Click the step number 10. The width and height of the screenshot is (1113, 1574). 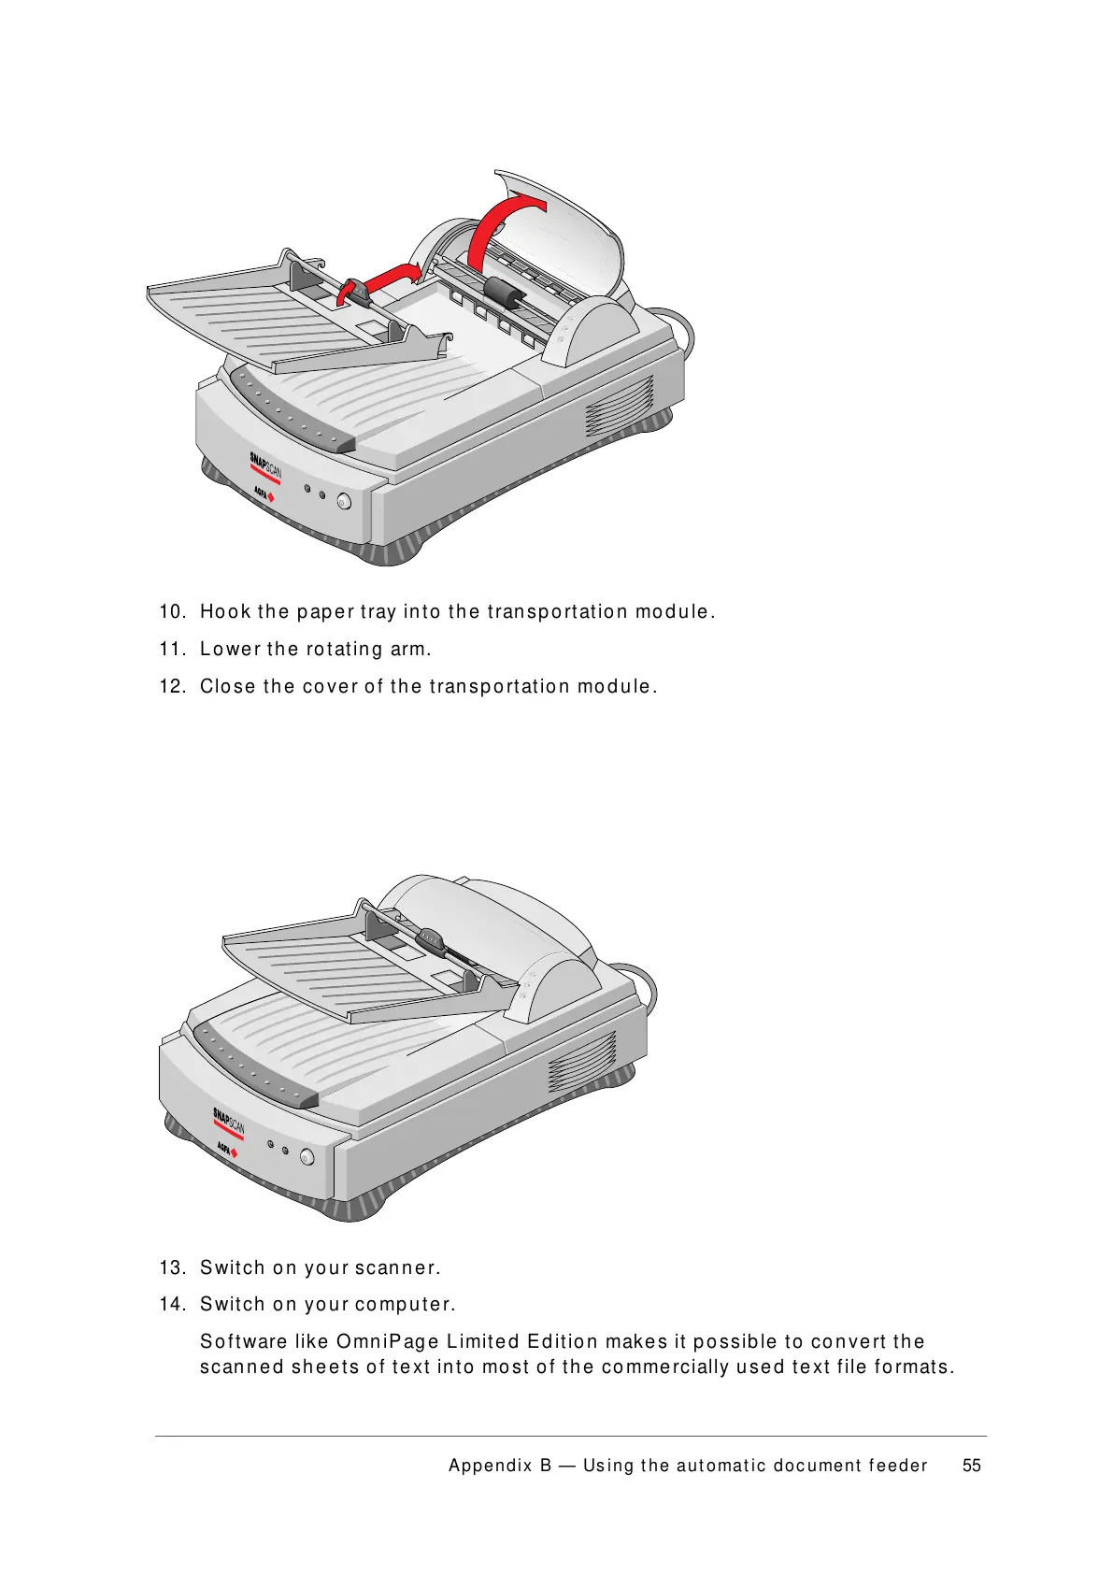coord(172,611)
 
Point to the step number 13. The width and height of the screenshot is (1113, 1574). coord(172,1267)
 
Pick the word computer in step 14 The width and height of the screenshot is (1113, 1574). coord(406,1304)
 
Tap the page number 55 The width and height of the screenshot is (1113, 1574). coord(972,1465)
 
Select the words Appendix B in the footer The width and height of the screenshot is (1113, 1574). coord(500,1466)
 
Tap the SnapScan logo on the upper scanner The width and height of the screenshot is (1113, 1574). coord(265,466)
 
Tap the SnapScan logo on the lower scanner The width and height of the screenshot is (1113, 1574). coord(229,1123)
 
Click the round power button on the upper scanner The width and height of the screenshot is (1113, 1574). coord(344,501)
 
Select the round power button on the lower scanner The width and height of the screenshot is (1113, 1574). coord(307,1156)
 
